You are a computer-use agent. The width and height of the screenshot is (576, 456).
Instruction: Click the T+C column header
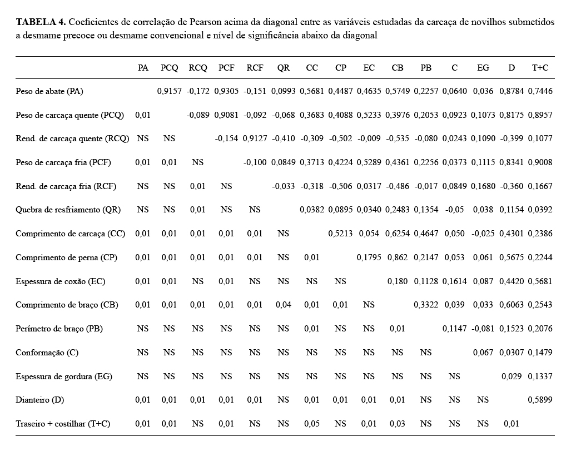(540, 68)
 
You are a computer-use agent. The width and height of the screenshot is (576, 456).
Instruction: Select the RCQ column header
(198, 68)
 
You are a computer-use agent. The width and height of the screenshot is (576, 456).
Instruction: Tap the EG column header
(483, 68)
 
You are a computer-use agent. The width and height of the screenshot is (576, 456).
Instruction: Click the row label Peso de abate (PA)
(49, 91)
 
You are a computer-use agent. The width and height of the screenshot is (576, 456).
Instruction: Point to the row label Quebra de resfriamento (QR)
(68, 210)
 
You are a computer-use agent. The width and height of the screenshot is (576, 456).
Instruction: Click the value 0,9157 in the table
(170, 91)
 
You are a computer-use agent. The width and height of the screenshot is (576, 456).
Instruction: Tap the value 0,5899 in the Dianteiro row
(540, 400)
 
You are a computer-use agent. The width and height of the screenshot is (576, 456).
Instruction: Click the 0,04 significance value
(284, 305)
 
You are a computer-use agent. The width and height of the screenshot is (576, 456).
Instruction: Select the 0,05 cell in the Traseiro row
(312, 424)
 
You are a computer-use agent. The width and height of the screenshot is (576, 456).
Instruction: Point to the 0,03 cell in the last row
(397, 424)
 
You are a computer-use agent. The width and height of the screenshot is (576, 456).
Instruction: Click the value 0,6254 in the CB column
(397, 234)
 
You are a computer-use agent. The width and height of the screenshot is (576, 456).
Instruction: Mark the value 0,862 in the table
(397, 257)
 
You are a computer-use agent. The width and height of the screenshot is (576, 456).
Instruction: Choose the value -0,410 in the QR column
(284, 138)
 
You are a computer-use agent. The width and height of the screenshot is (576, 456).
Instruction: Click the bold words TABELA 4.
(41, 22)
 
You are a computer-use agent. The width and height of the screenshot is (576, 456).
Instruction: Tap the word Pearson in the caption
(208, 22)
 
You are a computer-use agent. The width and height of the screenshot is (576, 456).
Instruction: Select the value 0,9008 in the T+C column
(540, 162)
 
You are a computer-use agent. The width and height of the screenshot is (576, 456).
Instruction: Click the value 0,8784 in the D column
(512, 91)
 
